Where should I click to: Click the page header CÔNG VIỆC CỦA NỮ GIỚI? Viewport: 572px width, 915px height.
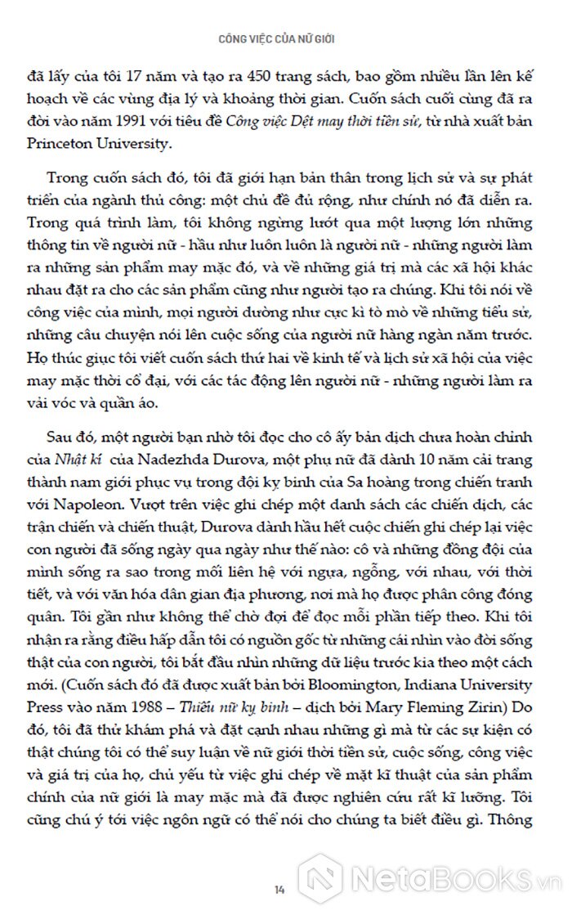(x=285, y=38)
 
